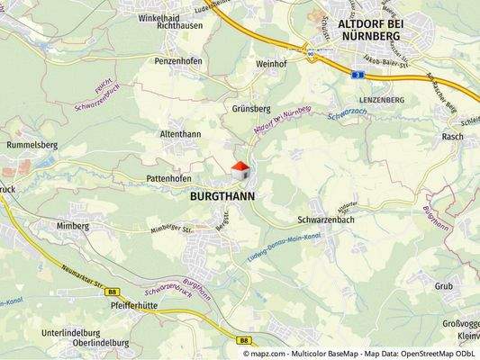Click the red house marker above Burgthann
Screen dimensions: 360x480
[x=240, y=167]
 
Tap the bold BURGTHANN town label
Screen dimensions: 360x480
[x=222, y=194]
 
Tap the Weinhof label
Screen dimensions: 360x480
[x=270, y=65]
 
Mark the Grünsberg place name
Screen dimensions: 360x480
[x=251, y=109]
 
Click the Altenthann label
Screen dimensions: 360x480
[x=180, y=134]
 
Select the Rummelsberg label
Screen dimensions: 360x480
[x=32, y=144]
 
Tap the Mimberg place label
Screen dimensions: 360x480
[x=72, y=225]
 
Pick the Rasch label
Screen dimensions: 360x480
[x=452, y=137]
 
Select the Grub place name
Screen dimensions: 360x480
[x=443, y=285]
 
